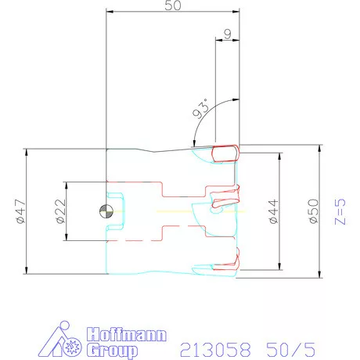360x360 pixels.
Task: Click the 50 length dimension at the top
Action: coord(173,5)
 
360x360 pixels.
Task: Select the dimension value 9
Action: coord(228,34)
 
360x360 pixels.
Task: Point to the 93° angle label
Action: coord(201,109)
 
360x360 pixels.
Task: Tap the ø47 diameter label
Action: coord(21,211)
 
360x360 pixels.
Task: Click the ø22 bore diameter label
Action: coord(60,211)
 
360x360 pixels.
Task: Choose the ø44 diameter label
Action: coord(273,211)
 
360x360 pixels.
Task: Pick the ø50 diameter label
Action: coord(313,211)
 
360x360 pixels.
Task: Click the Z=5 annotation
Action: coord(340,211)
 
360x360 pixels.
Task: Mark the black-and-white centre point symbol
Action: coord(106,211)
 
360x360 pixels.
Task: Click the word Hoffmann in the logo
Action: coord(127,334)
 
